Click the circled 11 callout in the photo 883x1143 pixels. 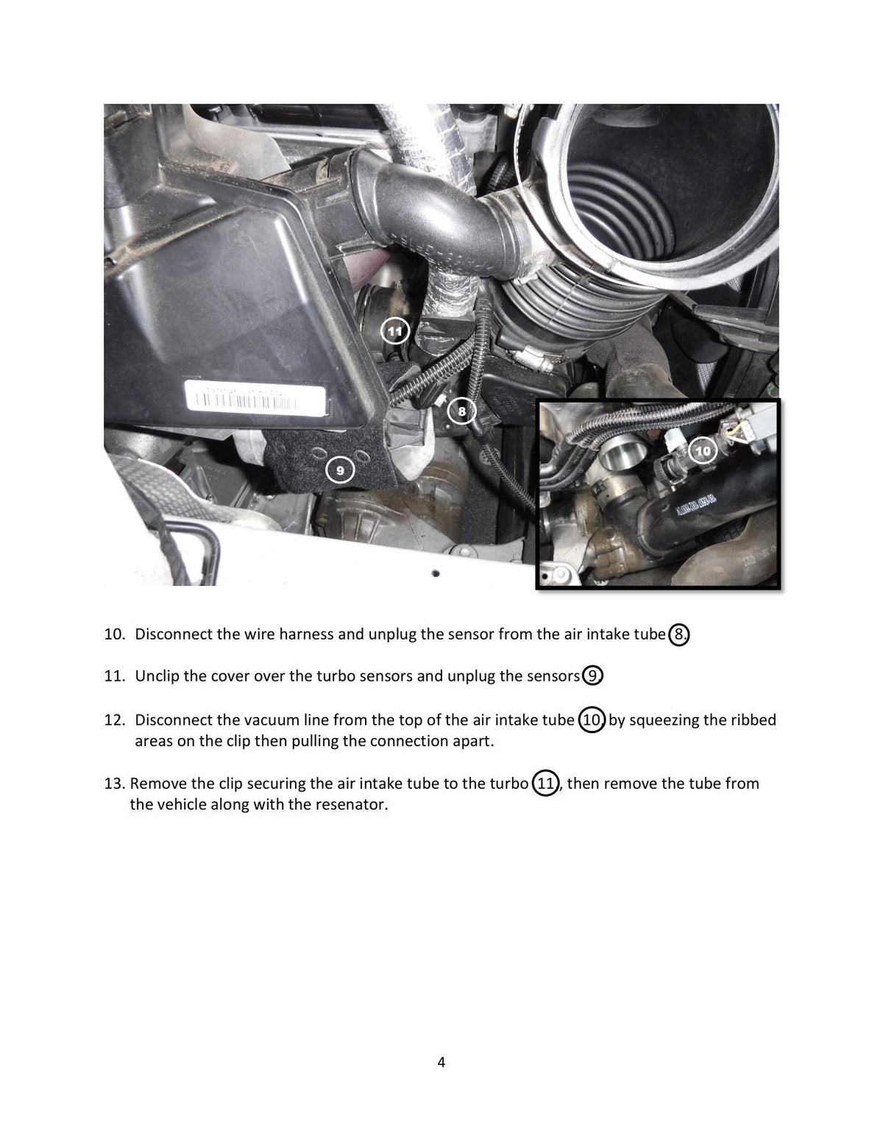pyautogui.click(x=395, y=331)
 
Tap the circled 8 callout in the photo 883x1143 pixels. pyautogui.click(x=462, y=411)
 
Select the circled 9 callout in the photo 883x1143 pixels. pyautogui.click(x=340, y=470)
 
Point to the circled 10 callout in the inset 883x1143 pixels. pyautogui.click(x=703, y=450)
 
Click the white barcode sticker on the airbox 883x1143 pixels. pyautogui.click(x=255, y=397)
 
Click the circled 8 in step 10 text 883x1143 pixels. pyautogui.click(x=679, y=634)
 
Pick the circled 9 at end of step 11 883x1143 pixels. pyautogui.click(x=592, y=676)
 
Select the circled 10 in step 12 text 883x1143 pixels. pyautogui.click(x=592, y=720)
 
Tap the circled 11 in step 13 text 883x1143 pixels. pyautogui.click(x=545, y=783)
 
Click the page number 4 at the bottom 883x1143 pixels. pyautogui.click(x=441, y=1062)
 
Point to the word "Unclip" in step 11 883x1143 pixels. pyautogui.click(x=157, y=676)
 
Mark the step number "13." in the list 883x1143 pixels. pyautogui.click(x=115, y=783)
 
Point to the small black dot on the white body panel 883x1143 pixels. pyautogui.click(x=436, y=573)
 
